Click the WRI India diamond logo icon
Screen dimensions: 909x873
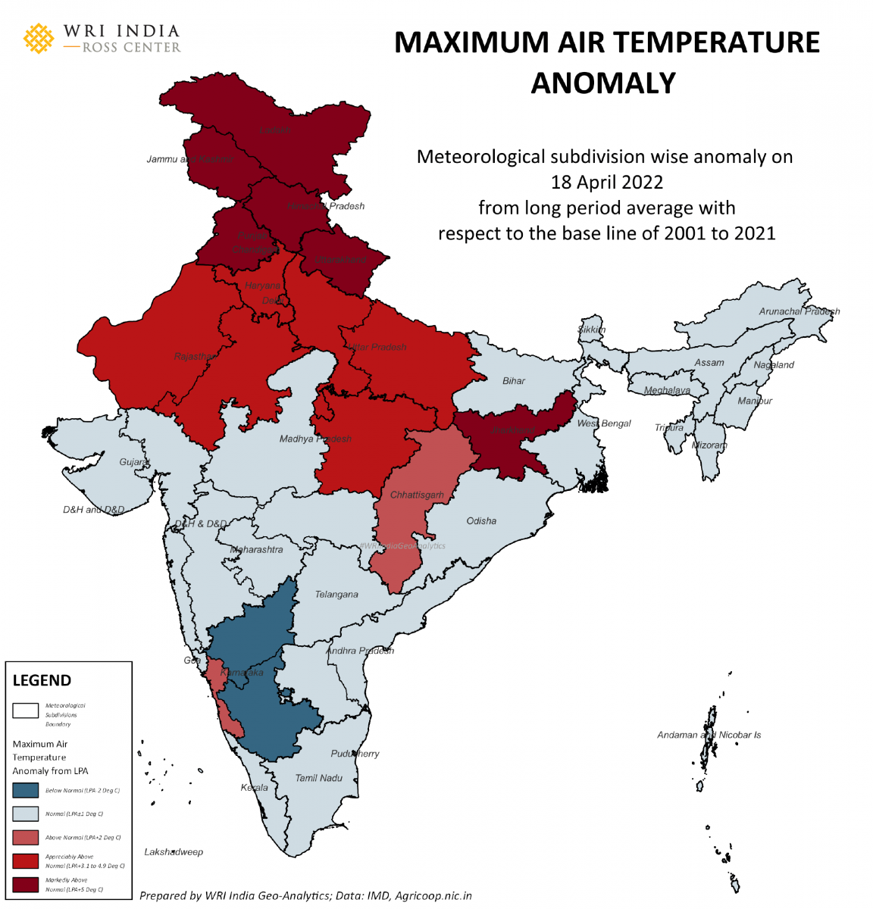pyautogui.click(x=39, y=39)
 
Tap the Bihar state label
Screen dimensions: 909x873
pyautogui.click(x=513, y=381)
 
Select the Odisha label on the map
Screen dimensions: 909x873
pyautogui.click(x=481, y=521)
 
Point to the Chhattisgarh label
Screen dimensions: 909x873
pyautogui.click(x=417, y=495)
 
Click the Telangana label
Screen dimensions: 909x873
pyautogui.click(x=336, y=595)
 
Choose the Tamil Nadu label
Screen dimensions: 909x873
pyautogui.click(x=319, y=778)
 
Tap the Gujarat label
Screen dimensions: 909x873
pyautogui.click(x=135, y=462)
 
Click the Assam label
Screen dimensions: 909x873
pyautogui.click(x=709, y=363)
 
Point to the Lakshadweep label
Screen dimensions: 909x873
pyautogui.click(x=174, y=852)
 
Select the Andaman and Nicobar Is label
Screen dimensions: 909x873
pyautogui.click(x=709, y=735)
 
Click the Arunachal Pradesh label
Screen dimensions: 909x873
pyautogui.click(x=799, y=311)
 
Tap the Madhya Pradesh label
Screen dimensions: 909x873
pyautogui.click(x=315, y=439)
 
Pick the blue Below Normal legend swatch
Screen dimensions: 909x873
pyautogui.click(x=25, y=790)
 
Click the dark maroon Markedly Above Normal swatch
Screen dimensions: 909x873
pyautogui.click(x=25, y=885)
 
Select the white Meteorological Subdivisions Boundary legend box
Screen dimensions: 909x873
pyautogui.click(x=25, y=711)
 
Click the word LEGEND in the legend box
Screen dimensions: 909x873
pyautogui.click(x=42, y=680)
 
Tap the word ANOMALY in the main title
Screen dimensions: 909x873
pyautogui.click(x=602, y=83)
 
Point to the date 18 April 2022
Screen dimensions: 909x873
pyautogui.click(x=606, y=183)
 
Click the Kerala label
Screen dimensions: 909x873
pyautogui.click(x=254, y=788)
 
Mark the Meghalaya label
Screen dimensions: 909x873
pyautogui.click(x=667, y=391)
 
